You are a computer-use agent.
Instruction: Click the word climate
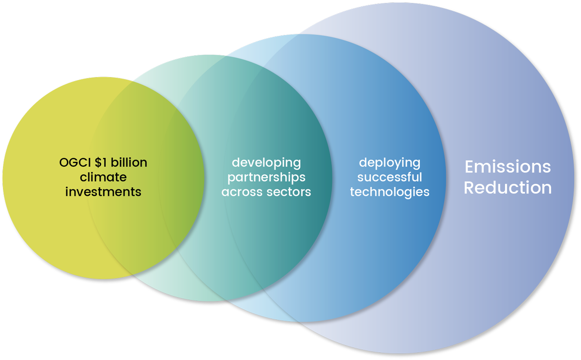click(103, 177)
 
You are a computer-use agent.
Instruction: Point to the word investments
click(103, 191)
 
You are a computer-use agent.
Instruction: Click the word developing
click(266, 163)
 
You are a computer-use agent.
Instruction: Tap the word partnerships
click(266, 177)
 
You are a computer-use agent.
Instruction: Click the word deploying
click(389, 163)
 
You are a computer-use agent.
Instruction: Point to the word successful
click(389, 177)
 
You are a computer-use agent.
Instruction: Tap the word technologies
click(389, 191)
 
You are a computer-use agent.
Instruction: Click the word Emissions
click(507, 167)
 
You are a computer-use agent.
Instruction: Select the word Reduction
click(507, 188)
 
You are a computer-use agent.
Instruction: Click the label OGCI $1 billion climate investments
click(103, 177)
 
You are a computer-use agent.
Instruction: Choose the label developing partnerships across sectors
click(266, 177)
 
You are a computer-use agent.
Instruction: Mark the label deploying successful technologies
click(389, 177)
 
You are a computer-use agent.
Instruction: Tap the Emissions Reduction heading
click(507, 177)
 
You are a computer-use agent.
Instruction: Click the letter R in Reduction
click(470, 188)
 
